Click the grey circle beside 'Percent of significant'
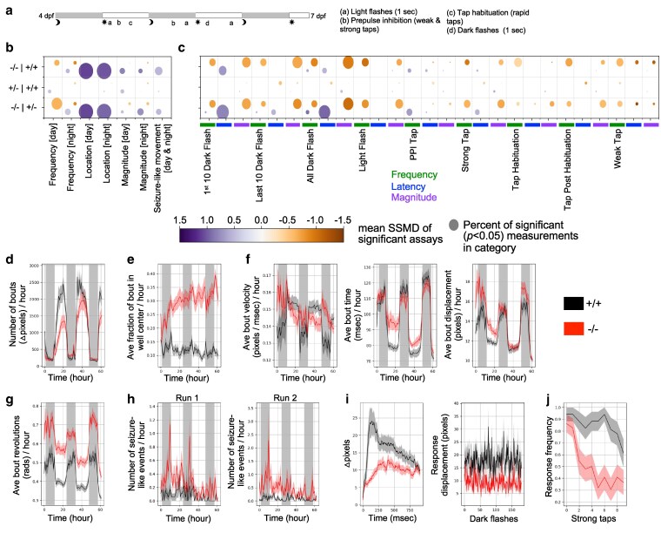[x=459, y=226]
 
